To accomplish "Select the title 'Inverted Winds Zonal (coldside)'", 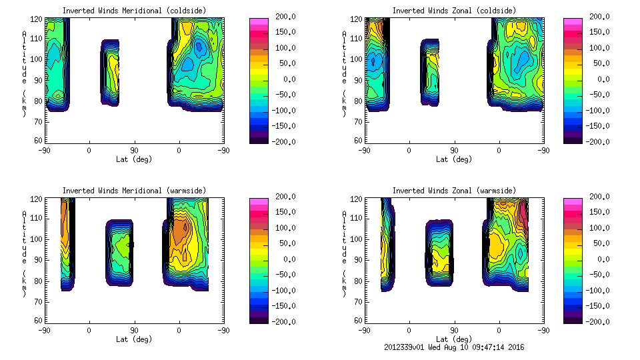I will tap(454, 11).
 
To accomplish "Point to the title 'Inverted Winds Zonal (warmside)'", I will tap(454, 191).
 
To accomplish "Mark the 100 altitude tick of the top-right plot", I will tap(359, 59).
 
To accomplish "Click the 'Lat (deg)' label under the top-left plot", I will tap(134, 159).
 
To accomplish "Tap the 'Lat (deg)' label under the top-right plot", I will tap(454, 159).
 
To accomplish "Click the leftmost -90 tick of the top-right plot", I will tap(364, 151).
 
